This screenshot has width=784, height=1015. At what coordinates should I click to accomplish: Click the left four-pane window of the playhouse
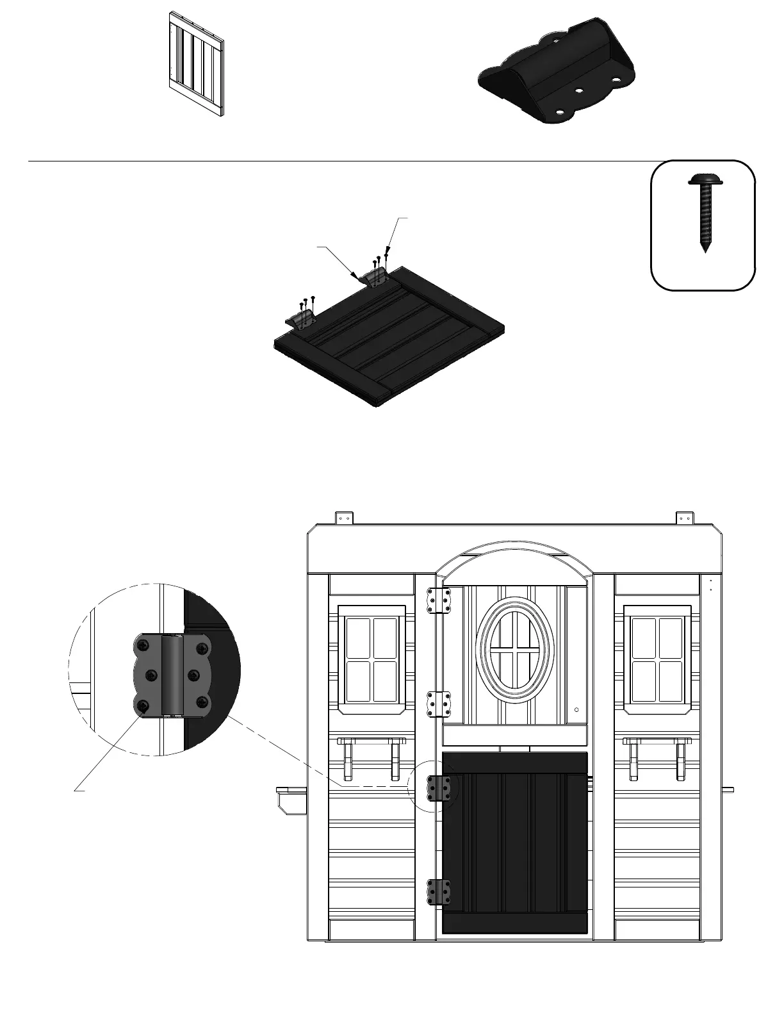pyautogui.click(x=372, y=659)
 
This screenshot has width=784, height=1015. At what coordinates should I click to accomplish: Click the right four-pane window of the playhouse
pyautogui.click(x=657, y=659)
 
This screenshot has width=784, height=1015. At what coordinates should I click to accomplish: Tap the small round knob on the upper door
pyautogui.click(x=576, y=710)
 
